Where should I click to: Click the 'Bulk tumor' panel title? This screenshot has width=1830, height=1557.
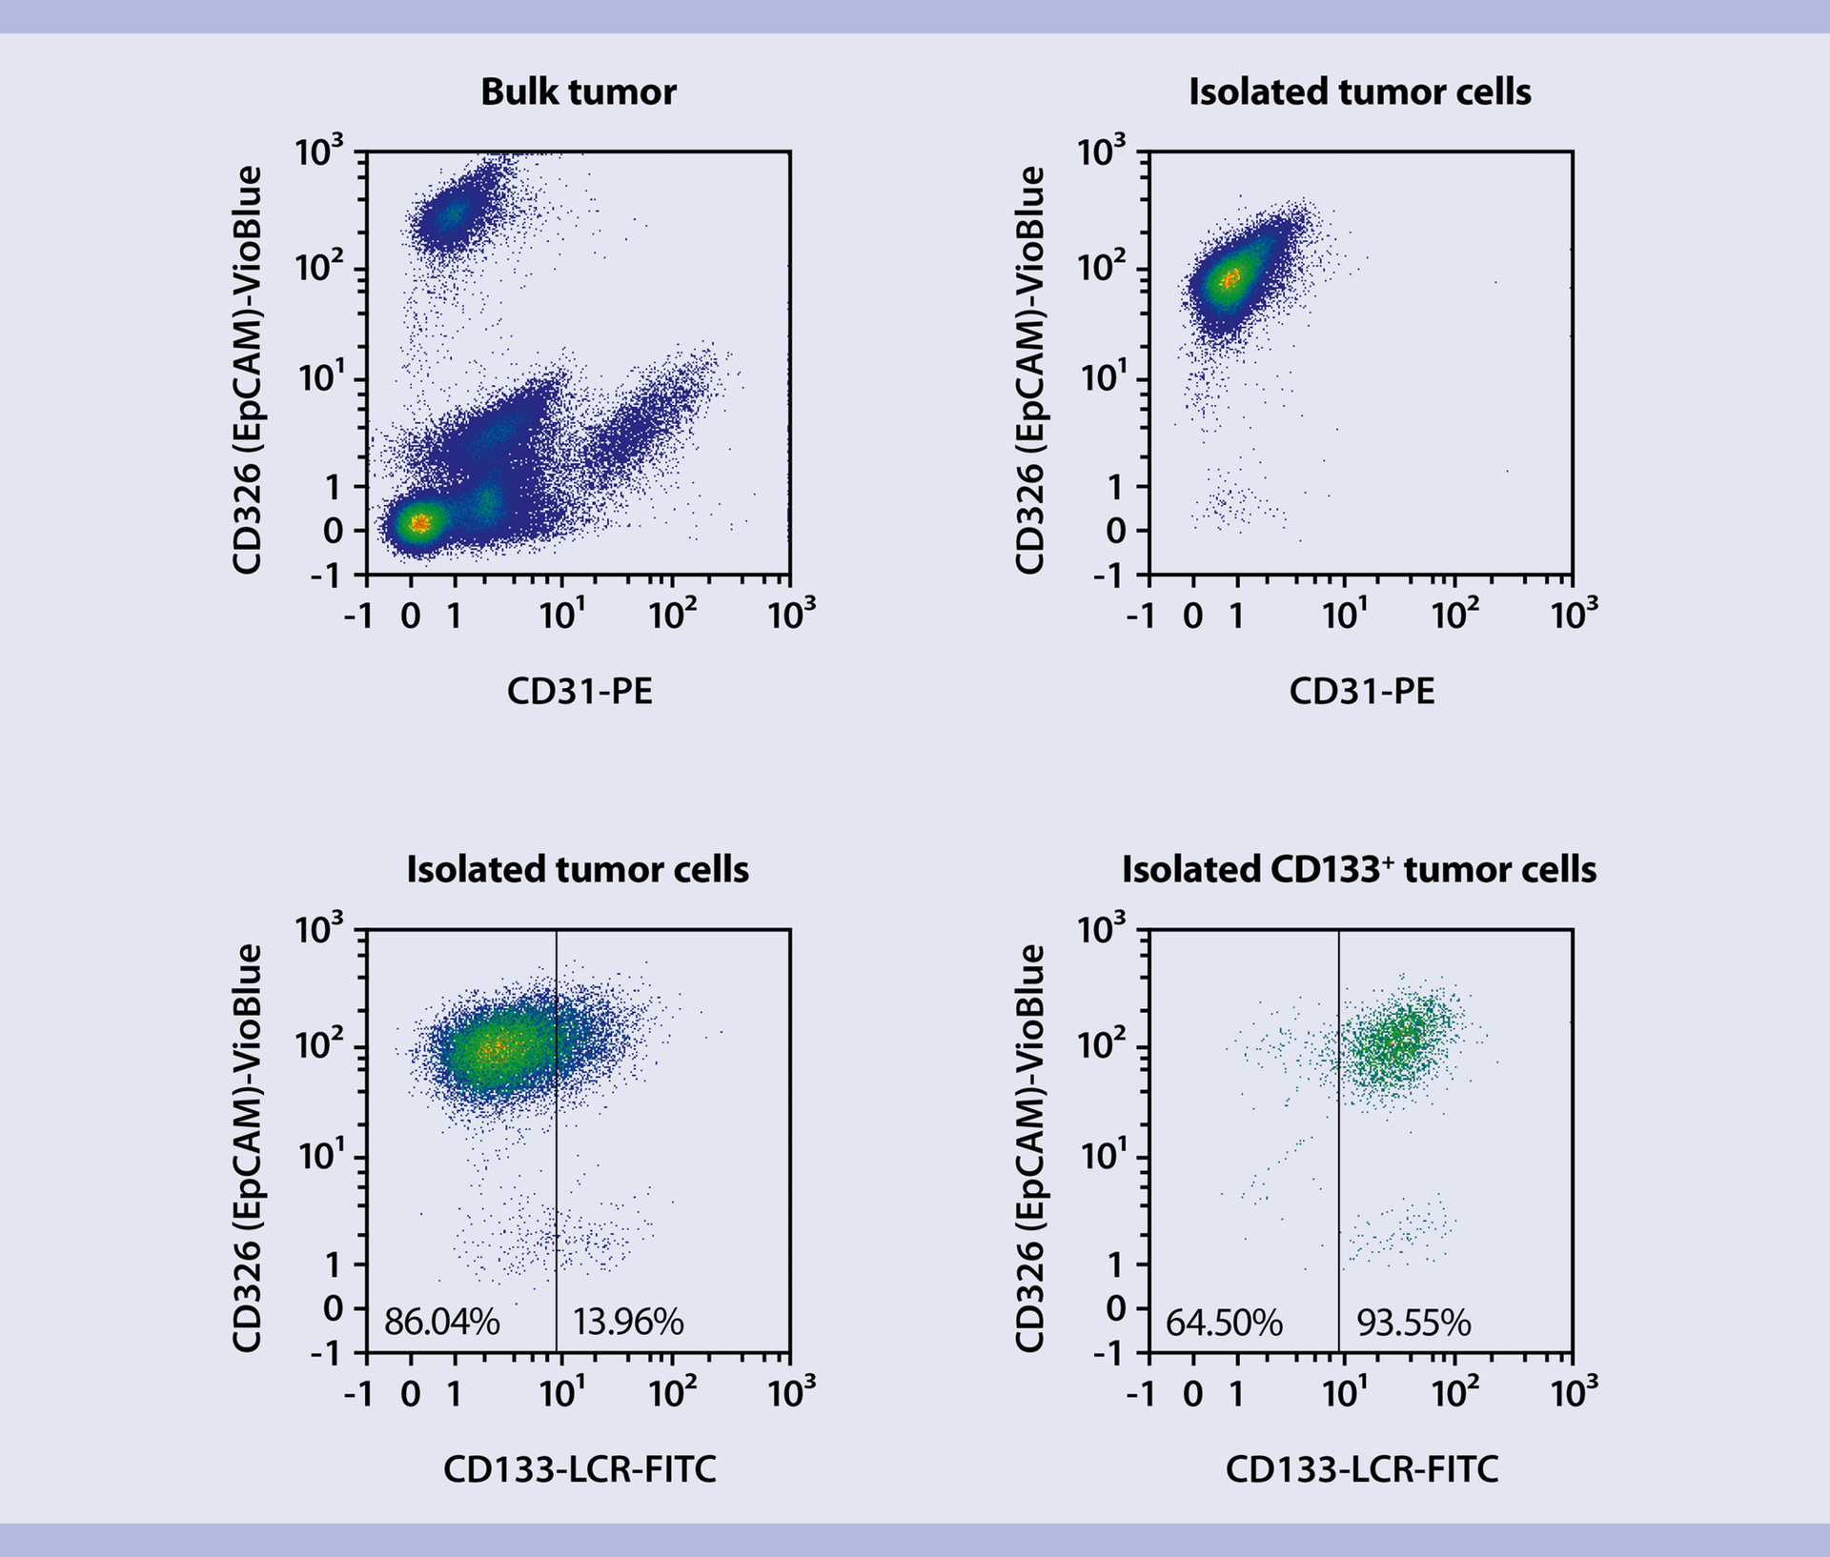coord(578,92)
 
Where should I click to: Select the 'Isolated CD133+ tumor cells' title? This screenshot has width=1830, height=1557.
coord(1358,870)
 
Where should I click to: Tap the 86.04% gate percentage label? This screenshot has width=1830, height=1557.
coord(441,1323)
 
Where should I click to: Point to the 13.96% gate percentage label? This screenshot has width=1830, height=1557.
coord(628,1323)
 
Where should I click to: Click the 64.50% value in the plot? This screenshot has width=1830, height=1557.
coord(1224,1324)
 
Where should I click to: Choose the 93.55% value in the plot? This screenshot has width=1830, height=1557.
coord(1413,1324)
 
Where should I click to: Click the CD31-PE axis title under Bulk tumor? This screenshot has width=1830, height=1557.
coord(579,691)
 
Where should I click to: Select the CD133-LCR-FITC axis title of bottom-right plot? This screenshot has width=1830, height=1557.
coord(1361,1469)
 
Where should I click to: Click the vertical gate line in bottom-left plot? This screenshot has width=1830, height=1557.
coord(557,1143)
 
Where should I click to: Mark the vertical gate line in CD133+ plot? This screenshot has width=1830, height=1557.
coord(1339,1143)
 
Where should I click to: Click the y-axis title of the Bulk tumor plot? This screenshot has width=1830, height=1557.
coord(247,370)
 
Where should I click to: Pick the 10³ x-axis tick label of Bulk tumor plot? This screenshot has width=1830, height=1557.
coord(791,615)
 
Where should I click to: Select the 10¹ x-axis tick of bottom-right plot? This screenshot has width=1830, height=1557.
coord(1344,1394)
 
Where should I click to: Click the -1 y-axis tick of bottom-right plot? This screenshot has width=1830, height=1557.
coord(1112,1354)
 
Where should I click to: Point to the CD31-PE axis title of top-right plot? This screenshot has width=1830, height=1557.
coord(1361,691)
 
